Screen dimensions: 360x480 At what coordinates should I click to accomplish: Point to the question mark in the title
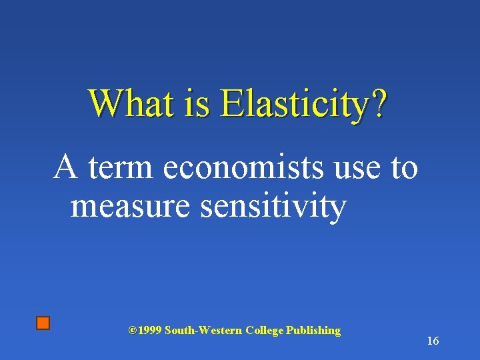379,103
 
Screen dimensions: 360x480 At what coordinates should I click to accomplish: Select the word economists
245,168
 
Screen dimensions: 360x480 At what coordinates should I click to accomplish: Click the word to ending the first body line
404,168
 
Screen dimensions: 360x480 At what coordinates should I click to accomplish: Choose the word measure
132,207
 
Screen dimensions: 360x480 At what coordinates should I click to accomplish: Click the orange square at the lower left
43,323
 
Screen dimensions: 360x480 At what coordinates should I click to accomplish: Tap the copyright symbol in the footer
132,330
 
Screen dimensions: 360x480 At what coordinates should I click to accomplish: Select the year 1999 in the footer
149,331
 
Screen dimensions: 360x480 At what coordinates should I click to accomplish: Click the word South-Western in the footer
203,331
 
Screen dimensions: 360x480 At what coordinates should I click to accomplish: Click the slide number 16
433,341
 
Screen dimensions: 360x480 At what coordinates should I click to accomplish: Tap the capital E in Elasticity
231,103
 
